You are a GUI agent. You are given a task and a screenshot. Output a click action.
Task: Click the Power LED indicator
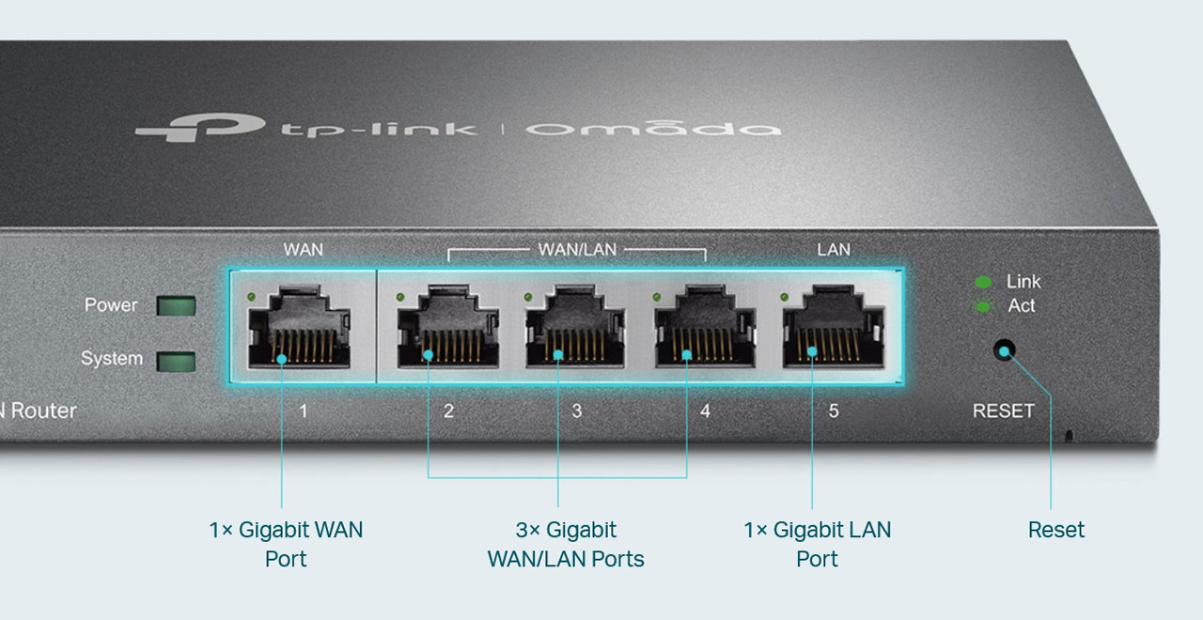click(176, 305)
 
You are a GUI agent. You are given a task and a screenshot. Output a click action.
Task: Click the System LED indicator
click(176, 362)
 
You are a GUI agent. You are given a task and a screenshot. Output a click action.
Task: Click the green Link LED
click(983, 282)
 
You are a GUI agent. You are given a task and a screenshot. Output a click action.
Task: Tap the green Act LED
click(983, 306)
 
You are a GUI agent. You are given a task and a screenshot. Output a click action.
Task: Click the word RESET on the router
click(1003, 411)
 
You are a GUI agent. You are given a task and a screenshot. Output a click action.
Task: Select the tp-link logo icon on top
click(188, 126)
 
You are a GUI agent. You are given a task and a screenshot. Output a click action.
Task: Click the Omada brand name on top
click(652, 127)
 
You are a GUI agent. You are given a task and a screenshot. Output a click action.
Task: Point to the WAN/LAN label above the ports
click(577, 250)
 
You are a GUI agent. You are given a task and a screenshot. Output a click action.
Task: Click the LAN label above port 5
click(834, 250)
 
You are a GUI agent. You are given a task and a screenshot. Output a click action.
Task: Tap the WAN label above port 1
click(303, 250)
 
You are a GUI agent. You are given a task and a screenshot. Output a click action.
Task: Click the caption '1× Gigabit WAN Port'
click(286, 544)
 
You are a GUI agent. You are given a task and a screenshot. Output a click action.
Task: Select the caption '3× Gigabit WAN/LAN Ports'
click(566, 544)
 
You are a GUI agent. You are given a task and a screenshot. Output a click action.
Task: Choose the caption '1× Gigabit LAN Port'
click(817, 544)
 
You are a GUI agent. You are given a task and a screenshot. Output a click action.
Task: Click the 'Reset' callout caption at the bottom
click(1056, 530)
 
